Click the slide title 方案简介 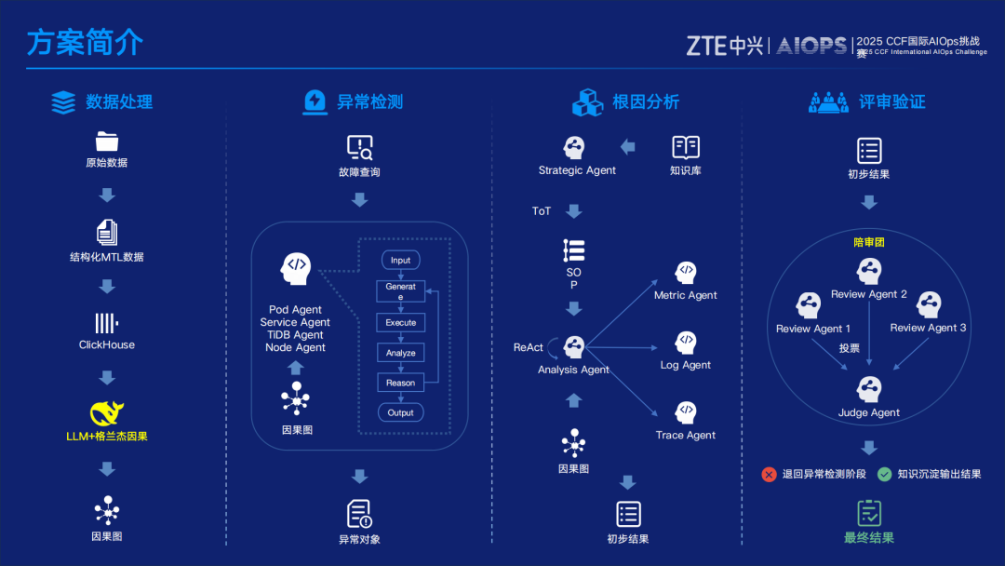pyautogui.click(x=85, y=43)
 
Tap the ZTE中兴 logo pyautogui.click(x=724, y=45)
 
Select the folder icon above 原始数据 pyautogui.click(x=107, y=141)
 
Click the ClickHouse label pyautogui.click(x=107, y=344)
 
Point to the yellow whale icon pyautogui.click(x=107, y=413)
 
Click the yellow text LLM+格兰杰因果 pyautogui.click(x=107, y=436)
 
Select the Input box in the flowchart pyautogui.click(x=400, y=260)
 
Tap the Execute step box pyautogui.click(x=401, y=322)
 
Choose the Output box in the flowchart pyautogui.click(x=401, y=412)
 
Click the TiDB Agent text pyautogui.click(x=295, y=335)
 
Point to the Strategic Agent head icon pyautogui.click(x=575, y=147)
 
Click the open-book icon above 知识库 pyautogui.click(x=686, y=147)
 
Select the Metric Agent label pyautogui.click(x=686, y=295)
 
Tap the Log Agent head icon pyautogui.click(x=686, y=343)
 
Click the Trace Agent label pyautogui.click(x=686, y=435)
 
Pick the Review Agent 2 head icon pyautogui.click(x=869, y=272)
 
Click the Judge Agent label pyautogui.click(x=869, y=412)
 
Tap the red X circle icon pyautogui.click(x=769, y=474)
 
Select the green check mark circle pyautogui.click(x=884, y=474)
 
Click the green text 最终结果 pyautogui.click(x=869, y=537)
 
